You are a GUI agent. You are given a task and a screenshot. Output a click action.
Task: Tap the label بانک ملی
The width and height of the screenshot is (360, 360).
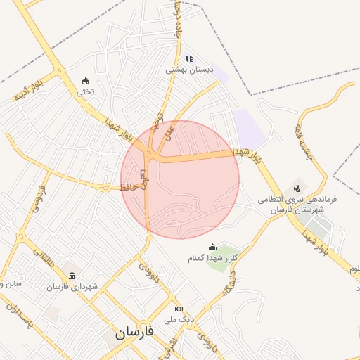[179, 319]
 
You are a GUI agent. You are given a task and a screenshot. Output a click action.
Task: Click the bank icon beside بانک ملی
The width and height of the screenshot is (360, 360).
[179, 309]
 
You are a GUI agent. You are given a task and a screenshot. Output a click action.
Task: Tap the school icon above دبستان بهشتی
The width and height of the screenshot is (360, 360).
[188, 58]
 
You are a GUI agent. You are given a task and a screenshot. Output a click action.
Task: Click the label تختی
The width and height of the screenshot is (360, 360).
[85, 91]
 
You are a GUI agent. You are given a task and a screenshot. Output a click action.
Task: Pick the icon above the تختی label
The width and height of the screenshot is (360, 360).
[86, 81]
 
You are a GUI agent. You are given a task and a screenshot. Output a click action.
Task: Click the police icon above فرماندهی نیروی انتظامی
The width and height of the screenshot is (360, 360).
[297, 188]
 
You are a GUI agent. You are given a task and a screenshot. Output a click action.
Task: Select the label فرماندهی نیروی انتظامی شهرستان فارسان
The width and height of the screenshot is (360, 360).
[297, 205]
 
